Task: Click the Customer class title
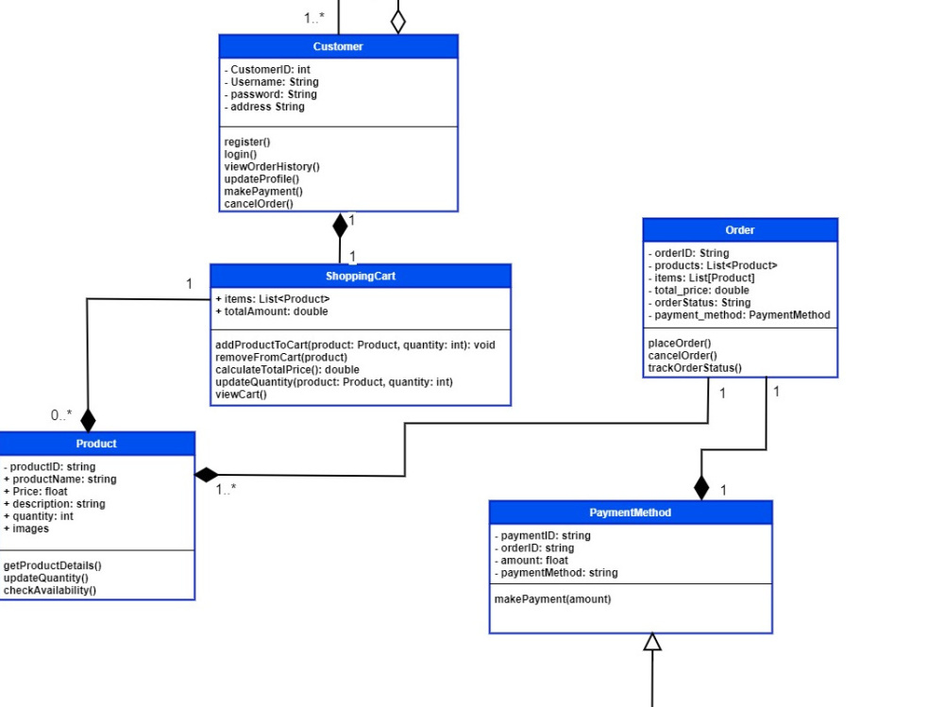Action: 338,46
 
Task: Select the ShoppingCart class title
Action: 361,276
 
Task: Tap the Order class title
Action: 739,230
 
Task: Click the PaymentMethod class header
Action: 630,512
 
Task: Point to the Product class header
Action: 96,444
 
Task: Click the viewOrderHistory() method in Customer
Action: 272,166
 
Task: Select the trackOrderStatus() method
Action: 694,367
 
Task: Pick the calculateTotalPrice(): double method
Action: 287,370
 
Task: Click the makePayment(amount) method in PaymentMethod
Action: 552,599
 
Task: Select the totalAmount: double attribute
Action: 272,311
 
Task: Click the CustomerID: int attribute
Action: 267,70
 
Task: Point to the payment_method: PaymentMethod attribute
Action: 739,315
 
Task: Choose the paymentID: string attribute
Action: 543,535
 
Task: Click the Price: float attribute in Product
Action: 36,492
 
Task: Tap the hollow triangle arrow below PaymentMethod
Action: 651,642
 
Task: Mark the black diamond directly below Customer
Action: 340,225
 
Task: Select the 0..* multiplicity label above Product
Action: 61,414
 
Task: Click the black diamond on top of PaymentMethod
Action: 700,487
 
